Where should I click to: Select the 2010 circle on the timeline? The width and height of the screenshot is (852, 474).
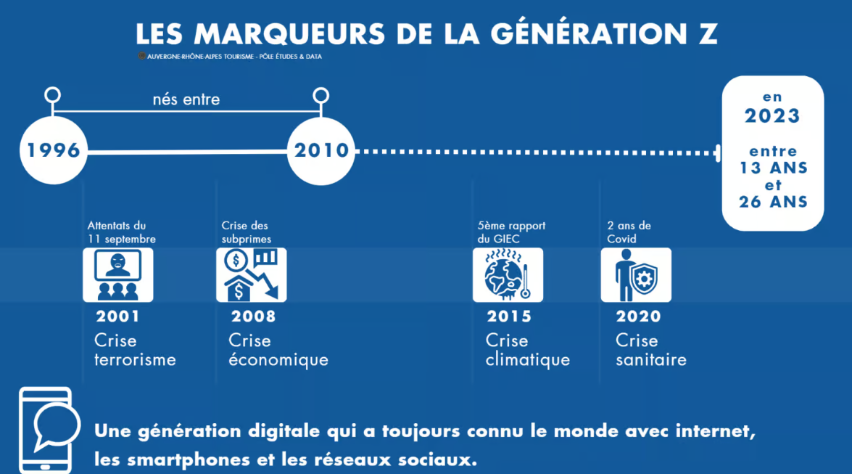point(320,151)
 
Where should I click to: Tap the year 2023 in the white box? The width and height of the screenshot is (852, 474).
point(772,115)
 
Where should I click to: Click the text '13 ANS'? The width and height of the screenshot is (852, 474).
point(773,168)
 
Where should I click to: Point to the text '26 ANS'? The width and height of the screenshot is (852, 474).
point(773,202)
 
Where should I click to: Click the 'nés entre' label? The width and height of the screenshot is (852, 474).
point(186,99)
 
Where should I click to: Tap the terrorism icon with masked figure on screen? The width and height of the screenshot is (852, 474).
point(117,274)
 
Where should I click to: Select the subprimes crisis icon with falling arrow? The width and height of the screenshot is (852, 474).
point(251,274)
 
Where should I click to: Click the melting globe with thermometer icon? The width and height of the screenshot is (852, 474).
point(507,274)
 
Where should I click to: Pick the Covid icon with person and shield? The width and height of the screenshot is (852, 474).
point(635,274)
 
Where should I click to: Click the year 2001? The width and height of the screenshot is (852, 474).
point(117,316)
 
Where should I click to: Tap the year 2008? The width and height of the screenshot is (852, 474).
point(253,316)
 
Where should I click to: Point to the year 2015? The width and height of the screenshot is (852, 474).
point(509,316)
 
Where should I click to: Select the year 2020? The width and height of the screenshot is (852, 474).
point(638,316)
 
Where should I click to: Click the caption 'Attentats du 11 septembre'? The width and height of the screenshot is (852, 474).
point(121,232)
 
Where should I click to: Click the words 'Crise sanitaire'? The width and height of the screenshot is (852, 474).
point(650,350)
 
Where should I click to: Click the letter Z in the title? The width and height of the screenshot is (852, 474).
point(708,34)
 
